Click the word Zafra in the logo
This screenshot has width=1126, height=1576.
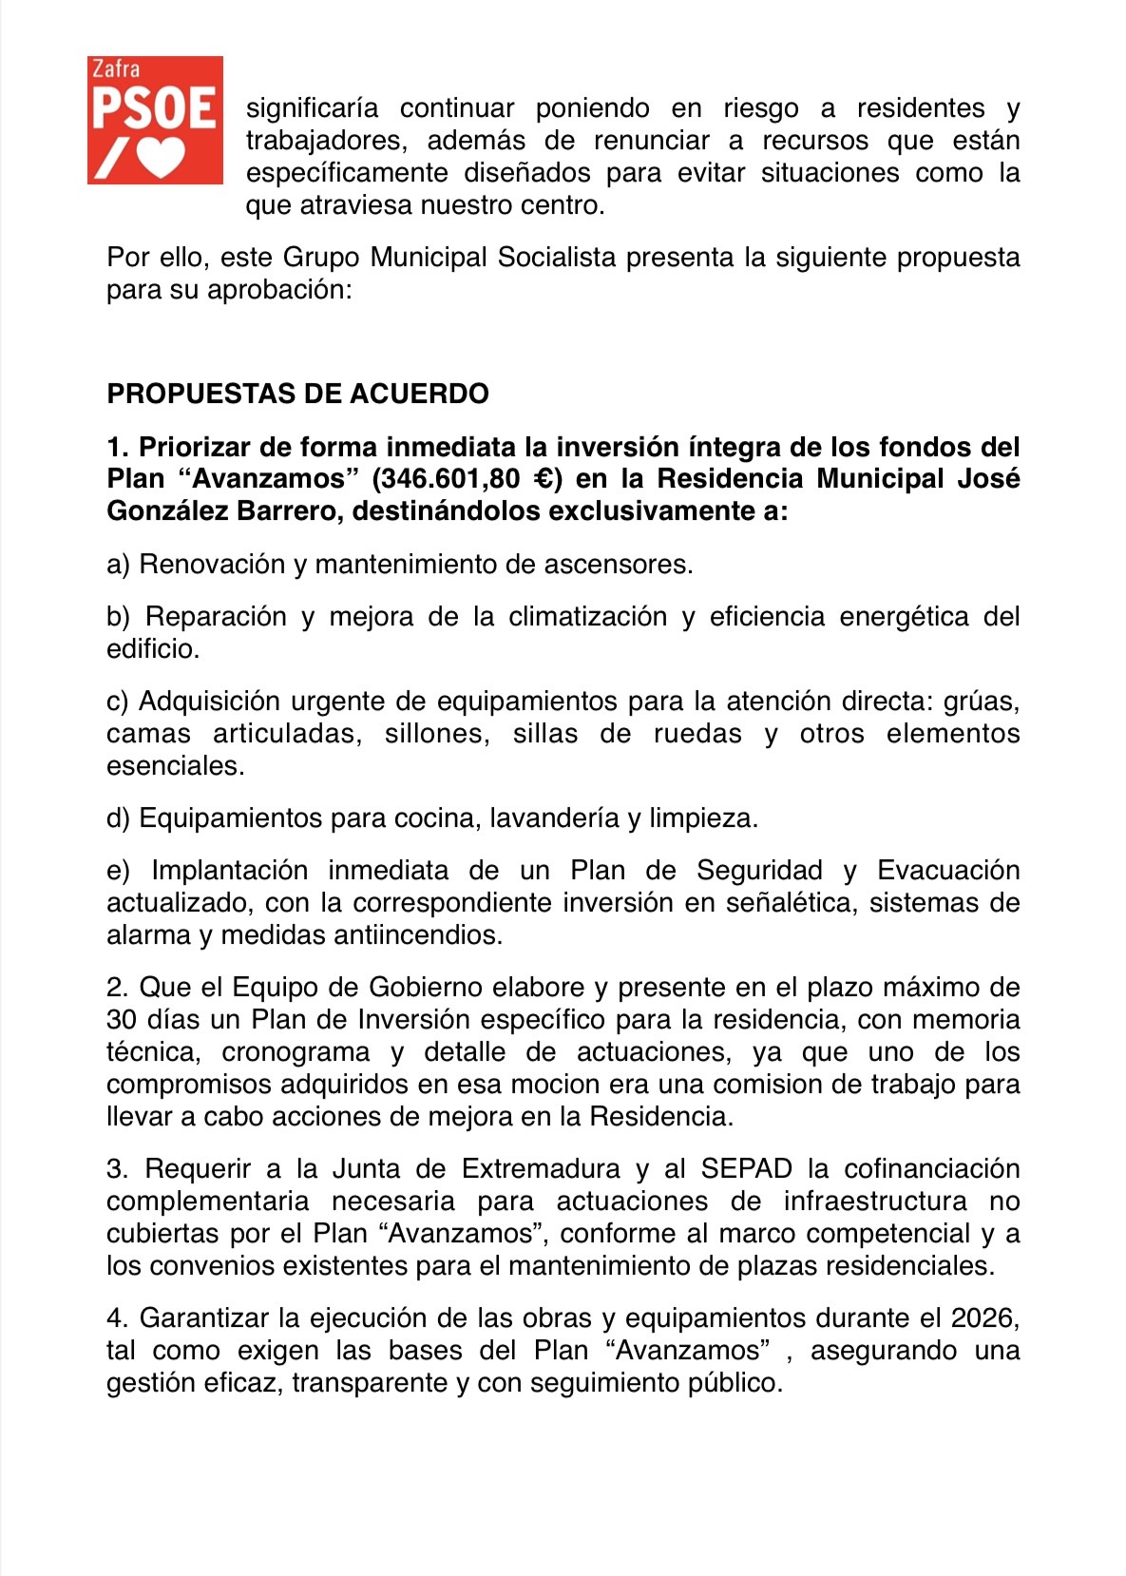click(115, 69)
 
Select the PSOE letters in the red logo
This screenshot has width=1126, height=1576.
click(154, 109)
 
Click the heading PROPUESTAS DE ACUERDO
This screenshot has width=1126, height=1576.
click(297, 394)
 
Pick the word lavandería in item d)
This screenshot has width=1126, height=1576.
click(554, 818)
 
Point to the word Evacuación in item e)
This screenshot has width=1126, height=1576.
click(947, 871)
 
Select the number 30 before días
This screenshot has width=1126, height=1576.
click(122, 1020)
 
